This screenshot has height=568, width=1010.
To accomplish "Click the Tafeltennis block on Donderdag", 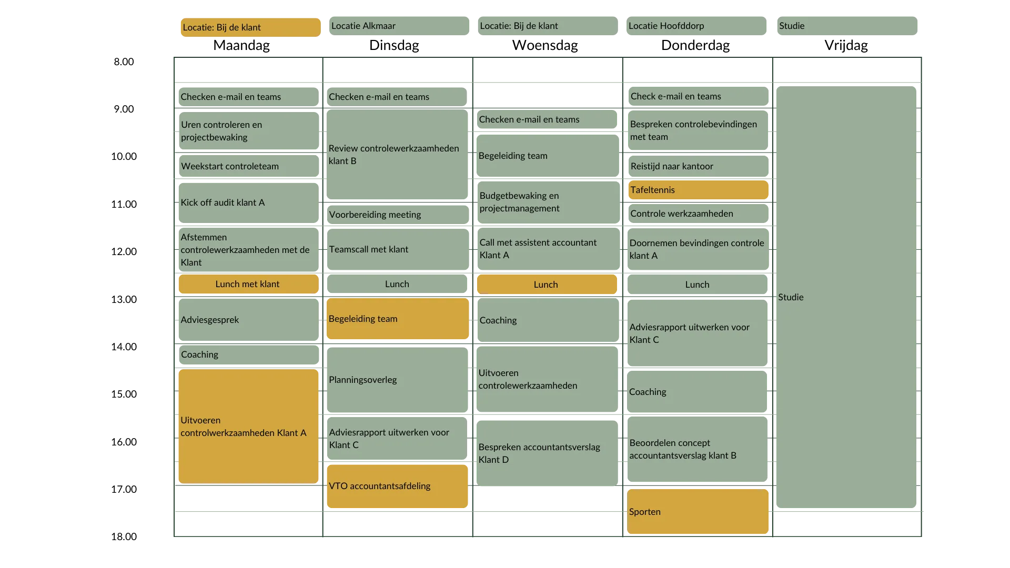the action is [698, 190].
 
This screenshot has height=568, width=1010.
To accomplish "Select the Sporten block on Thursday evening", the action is [698, 511].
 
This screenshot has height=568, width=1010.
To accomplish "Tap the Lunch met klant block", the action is [248, 284].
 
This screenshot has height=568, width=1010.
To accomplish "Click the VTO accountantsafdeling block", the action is [397, 486].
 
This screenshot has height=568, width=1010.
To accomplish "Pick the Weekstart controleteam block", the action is [249, 166].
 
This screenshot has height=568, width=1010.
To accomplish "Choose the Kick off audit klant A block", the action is [248, 202].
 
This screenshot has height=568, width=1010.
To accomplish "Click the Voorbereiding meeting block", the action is [398, 215].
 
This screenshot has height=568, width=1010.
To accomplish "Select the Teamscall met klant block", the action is [398, 249].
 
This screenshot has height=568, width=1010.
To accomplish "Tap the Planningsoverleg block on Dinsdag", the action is [397, 380].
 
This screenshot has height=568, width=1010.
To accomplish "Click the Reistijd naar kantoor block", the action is [698, 166].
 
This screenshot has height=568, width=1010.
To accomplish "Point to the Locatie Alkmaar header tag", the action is [399, 26].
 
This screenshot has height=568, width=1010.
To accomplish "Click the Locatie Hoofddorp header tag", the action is [696, 26].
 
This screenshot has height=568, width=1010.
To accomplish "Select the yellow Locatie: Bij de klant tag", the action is [250, 27].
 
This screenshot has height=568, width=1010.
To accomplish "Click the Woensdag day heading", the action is [545, 45].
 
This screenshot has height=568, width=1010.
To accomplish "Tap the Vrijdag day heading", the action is [846, 45].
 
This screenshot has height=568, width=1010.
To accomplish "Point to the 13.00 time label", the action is [124, 299].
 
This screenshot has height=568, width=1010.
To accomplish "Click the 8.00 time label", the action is [124, 62].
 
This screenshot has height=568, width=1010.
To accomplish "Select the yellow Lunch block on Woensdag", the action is [547, 285].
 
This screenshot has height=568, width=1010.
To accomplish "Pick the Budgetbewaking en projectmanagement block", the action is [549, 202].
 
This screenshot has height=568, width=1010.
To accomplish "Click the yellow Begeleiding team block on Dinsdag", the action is [397, 319].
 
